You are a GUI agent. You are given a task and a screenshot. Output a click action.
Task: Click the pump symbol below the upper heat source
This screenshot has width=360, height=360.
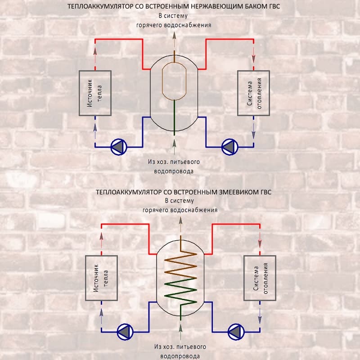pyautogui.click(x=119, y=147)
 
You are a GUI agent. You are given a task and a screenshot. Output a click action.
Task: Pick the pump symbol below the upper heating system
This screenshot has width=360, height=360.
pyautogui.click(x=229, y=147)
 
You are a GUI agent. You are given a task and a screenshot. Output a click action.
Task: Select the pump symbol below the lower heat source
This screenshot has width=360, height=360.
pyautogui.click(x=125, y=332)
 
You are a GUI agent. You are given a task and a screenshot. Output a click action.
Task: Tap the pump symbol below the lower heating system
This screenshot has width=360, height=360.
pyautogui.click(x=236, y=332)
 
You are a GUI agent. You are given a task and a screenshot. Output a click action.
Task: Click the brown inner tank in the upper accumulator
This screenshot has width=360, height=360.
pyautogui.click(x=162, y=81)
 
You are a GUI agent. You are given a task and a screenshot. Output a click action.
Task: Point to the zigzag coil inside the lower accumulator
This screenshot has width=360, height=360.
pyautogui.click(x=181, y=278)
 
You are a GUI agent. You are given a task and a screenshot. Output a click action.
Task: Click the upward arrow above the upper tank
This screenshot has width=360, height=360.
pyautogui.click(x=174, y=40)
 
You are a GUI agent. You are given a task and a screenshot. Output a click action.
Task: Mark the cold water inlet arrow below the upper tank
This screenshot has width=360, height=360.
pyautogui.click(x=174, y=146)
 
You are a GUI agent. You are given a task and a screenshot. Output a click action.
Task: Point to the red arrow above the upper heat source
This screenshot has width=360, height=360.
pyautogui.click(x=95, y=54)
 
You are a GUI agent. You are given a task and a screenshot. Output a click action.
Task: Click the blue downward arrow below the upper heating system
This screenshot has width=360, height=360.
pyautogui.click(x=253, y=131)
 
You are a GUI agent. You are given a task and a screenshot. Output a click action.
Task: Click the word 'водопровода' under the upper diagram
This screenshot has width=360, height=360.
pyautogui.click(x=174, y=171)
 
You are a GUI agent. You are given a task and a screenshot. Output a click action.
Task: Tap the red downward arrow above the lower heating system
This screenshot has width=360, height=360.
pyautogui.click(x=260, y=240)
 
